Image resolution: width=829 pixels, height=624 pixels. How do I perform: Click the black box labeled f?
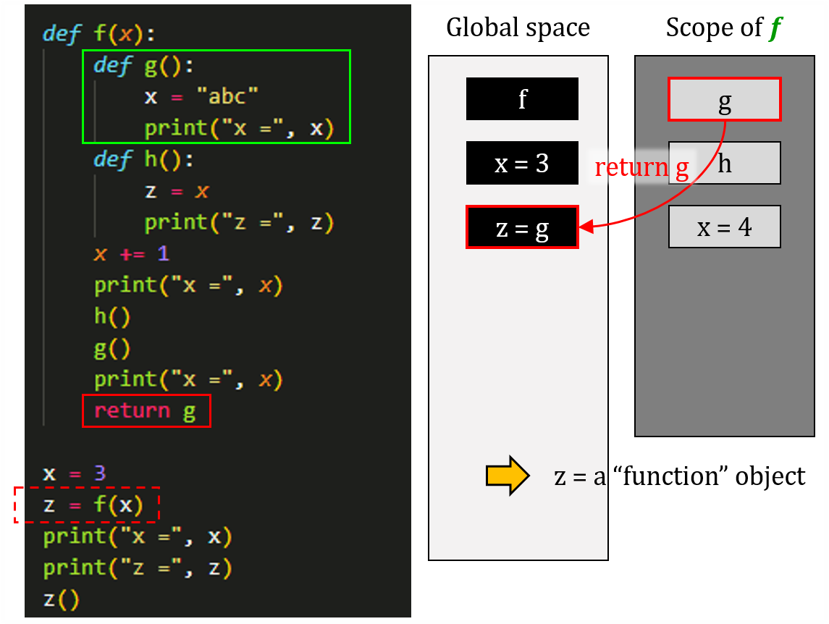point(522,98)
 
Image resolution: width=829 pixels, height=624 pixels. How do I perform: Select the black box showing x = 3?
point(522,163)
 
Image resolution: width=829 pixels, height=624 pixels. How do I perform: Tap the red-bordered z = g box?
point(522,228)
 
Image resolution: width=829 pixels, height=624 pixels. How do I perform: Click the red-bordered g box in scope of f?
point(724,99)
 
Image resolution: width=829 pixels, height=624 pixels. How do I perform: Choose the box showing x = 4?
point(724,227)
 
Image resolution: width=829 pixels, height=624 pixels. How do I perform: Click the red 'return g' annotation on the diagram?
point(641,167)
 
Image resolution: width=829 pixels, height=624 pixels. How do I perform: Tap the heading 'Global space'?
point(518,28)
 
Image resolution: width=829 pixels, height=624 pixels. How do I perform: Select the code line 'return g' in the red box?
point(146,411)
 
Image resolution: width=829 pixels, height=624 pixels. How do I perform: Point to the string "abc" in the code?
point(232,96)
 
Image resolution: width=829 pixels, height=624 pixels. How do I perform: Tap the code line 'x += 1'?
point(131,254)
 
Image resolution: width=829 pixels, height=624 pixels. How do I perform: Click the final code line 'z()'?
point(61,599)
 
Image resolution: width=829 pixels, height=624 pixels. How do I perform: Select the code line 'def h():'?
point(143,159)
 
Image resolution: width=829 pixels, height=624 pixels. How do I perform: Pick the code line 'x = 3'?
point(74,473)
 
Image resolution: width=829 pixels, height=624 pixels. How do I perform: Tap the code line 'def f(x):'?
point(99,33)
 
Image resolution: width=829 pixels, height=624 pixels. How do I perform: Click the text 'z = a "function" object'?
point(679,476)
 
